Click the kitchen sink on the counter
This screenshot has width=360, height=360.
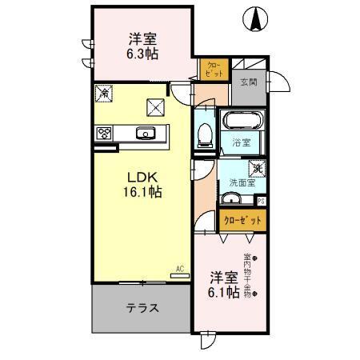pos(146,134)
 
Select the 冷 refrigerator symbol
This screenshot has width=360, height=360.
pos(103,94)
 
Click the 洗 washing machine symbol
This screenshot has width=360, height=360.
pos(257,169)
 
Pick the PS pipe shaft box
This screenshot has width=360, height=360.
pos(262,201)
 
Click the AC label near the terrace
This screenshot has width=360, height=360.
pos(181,270)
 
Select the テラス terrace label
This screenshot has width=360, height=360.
pos(141,307)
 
